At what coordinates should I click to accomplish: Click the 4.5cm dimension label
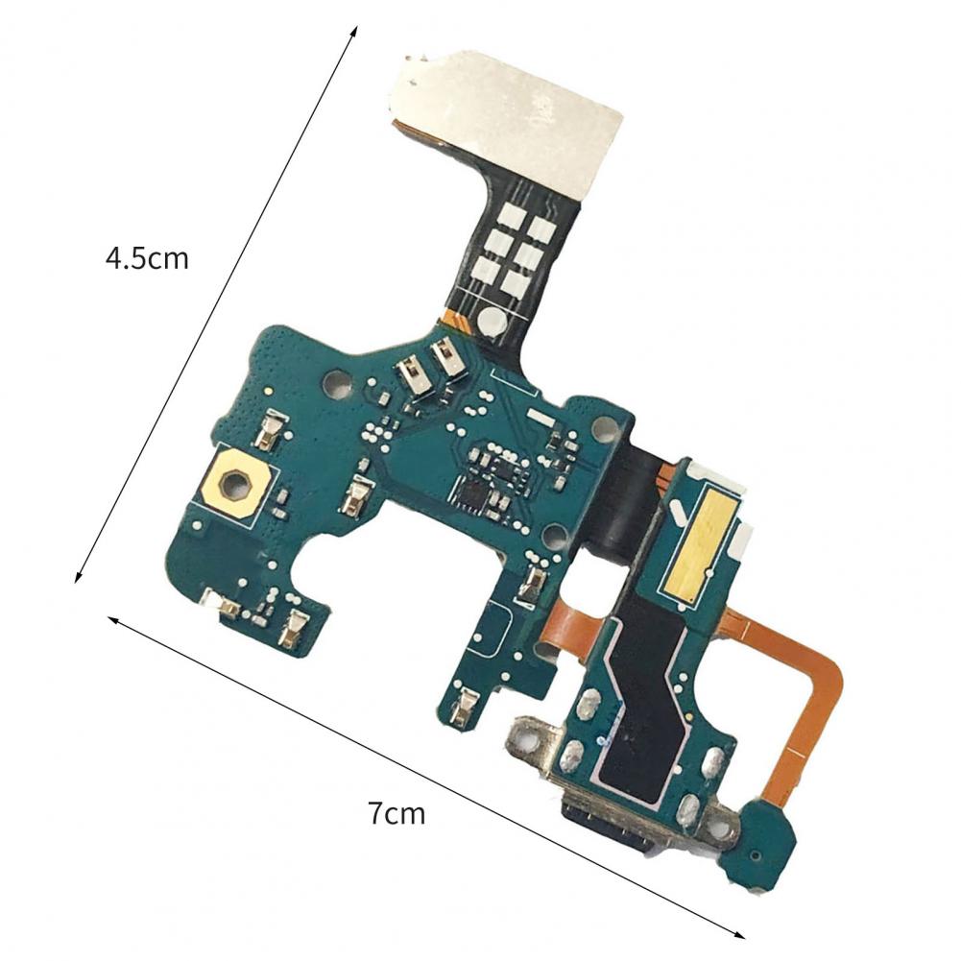(147, 258)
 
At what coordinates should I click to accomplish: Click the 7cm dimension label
(396, 814)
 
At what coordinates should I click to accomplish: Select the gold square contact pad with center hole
(233, 484)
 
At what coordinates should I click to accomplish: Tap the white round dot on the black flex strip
(491, 320)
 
